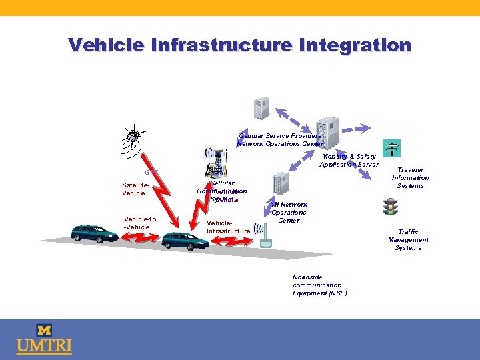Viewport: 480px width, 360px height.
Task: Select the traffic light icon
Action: coord(390,207)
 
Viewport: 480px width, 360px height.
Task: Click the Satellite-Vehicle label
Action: coord(133,189)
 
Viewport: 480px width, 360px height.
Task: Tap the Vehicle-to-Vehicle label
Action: coord(140,223)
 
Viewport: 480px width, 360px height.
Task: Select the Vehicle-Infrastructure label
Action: coord(228,227)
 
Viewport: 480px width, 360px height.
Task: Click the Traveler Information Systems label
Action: coord(410,177)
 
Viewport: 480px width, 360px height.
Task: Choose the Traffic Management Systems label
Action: coord(408,239)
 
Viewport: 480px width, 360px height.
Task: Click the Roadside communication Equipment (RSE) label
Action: coord(319,285)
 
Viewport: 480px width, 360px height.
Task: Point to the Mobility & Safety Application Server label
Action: coord(349,160)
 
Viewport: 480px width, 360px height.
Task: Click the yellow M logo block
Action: coord(45,330)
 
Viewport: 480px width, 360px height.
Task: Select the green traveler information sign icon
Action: coord(391,147)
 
